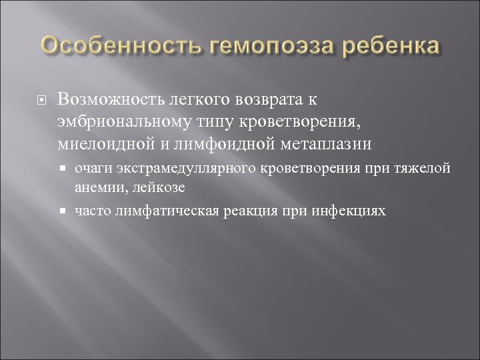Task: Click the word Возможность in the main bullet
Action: [109, 99]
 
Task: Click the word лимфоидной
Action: [203, 145]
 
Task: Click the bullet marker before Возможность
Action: [41, 99]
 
